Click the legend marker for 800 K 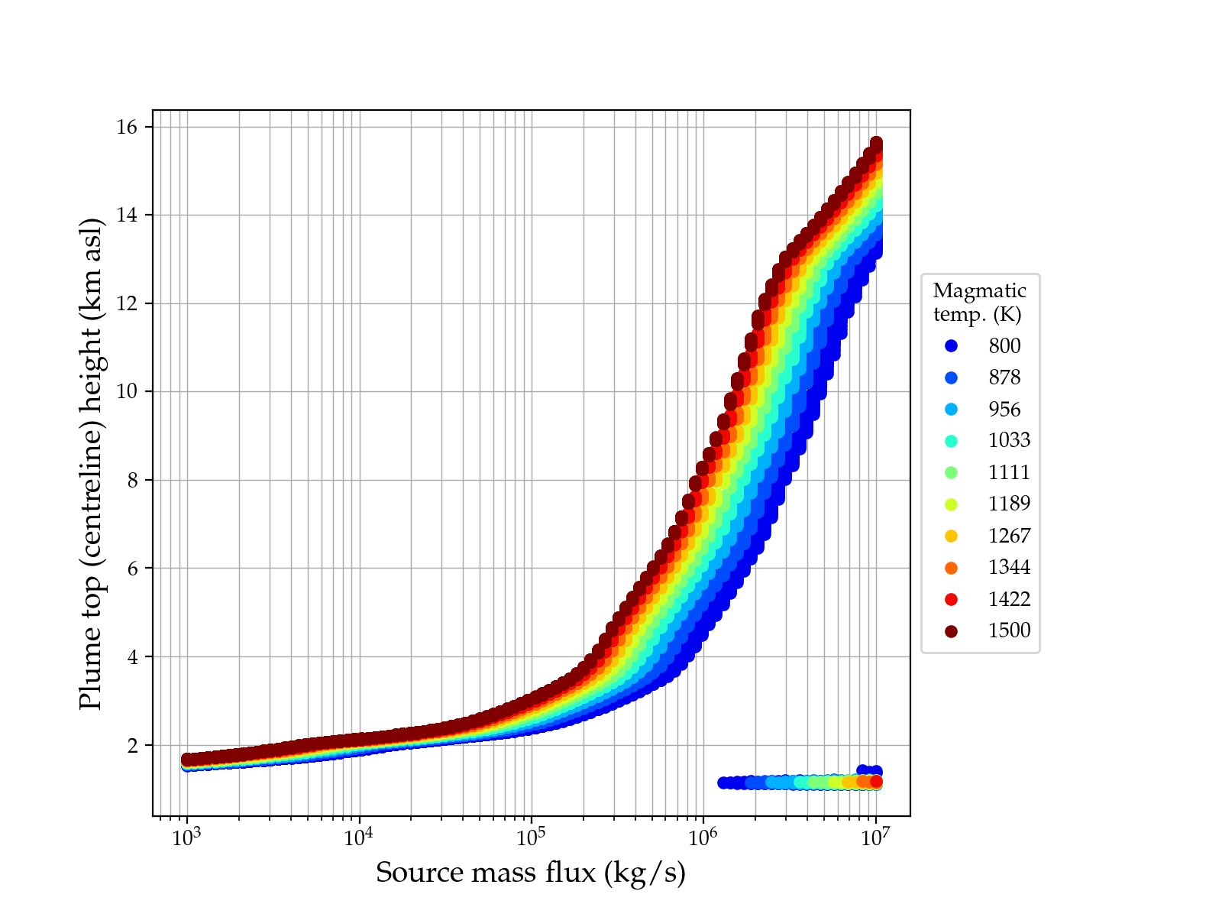(x=951, y=345)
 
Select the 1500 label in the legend (x=1009, y=630)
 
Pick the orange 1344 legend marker (x=951, y=567)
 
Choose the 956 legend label (x=1004, y=409)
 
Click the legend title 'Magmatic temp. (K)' (x=980, y=303)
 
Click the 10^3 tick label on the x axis (x=186, y=838)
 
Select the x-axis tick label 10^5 (x=531, y=838)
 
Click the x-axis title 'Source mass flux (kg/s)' (x=531, y=873)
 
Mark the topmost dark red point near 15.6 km (x=876, y=144)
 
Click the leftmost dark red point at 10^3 (x=187, y=759)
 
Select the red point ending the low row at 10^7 (x=876, y=781)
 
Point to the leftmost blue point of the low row (x=723, y=783)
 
